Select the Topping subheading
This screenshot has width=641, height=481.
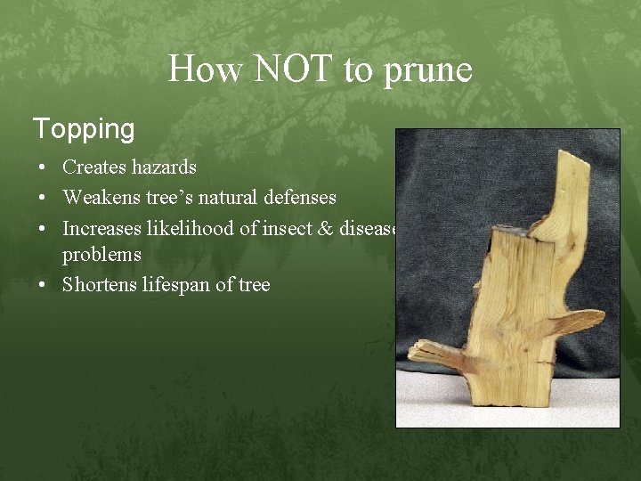click(x=84, y=129)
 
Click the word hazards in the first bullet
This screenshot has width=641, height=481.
click(x=164, y=167)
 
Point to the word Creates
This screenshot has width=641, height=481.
click(x=94, y=167)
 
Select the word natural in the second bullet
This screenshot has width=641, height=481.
click(x=228, y=198)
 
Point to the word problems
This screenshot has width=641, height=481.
click(x=101, y=255)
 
